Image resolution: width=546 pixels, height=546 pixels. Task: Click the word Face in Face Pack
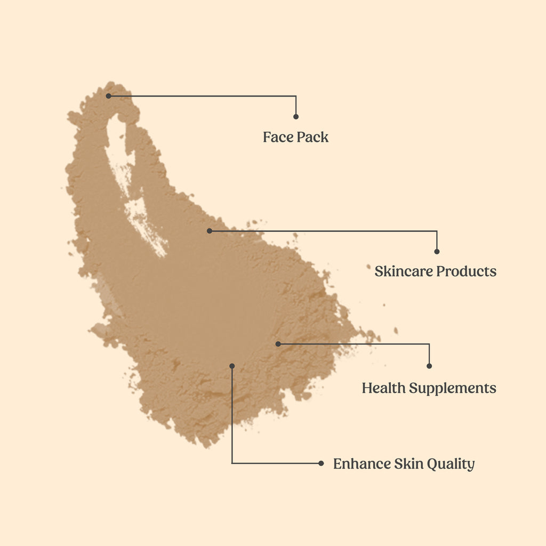[276, 137]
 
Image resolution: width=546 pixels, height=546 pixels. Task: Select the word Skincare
[404, 271]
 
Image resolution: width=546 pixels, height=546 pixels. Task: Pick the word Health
[384, 388]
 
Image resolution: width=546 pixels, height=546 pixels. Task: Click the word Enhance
[362, 463]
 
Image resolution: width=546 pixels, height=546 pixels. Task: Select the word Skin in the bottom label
[408, 463]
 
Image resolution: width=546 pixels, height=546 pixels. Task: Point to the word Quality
[451, 464]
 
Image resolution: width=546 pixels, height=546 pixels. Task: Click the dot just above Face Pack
[296, 116]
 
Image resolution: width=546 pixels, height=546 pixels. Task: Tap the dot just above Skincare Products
[437, 251]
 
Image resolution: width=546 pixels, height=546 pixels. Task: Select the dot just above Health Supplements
[429, 366]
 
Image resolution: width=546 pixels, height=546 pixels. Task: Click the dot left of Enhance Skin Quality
[321, 463]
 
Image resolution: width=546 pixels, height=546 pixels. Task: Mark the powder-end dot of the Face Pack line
[108, 96]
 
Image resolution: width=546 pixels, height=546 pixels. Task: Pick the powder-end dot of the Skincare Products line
[210, 231]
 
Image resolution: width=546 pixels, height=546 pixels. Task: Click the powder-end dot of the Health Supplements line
[278, 344]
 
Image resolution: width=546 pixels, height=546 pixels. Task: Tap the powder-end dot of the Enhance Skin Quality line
[232, 366]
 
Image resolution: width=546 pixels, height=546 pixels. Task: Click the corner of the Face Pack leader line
[296, 96]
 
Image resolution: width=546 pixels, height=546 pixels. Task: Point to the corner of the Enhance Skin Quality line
[232, 463]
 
